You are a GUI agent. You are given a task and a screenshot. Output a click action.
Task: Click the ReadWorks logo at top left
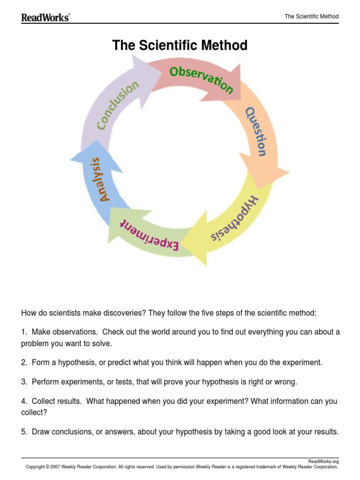(x=45, y=17)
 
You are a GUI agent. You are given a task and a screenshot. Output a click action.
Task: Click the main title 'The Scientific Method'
(x=180, y=45)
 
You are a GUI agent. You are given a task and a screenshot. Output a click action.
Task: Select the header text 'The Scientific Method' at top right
(x=311, y=17)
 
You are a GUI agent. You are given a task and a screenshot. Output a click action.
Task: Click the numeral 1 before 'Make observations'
(x=23, y=332)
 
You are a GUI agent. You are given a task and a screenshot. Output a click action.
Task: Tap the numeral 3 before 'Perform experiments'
(x=23, y=382)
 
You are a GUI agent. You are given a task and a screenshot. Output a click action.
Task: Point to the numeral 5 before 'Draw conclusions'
(x=23, y=432)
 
